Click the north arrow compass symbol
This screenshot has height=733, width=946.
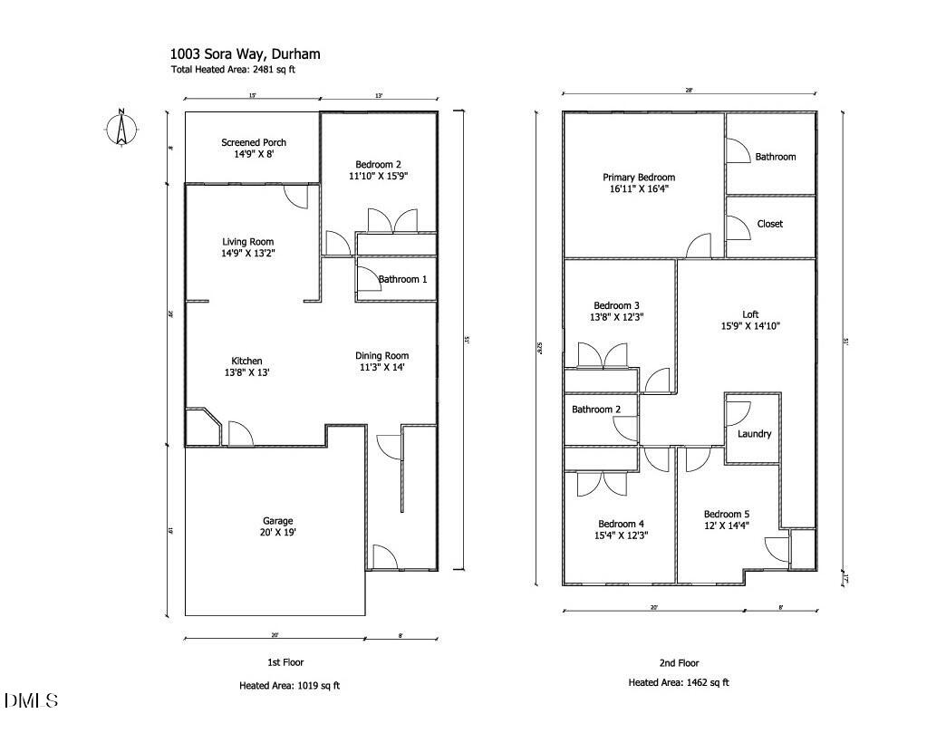[x=120, y=127]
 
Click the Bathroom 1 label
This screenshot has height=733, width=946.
[x=402, y=279]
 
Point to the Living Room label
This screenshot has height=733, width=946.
[x=248, y=242]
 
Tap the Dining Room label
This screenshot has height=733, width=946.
[x=381, y=355]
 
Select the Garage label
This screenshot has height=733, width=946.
[x=277, y=521]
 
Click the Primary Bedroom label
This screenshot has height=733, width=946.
[x=639, y=178]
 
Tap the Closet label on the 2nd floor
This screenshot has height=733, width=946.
[x=769, y=224]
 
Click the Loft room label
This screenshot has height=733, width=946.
[x=750, y=314]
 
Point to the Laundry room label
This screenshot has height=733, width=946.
[x=754, y=434]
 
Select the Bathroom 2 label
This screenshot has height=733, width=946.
[x=596, y=410]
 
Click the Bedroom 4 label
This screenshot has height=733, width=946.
[x=621, y=524]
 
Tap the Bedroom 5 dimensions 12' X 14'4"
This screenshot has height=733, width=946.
[x=727, y=526]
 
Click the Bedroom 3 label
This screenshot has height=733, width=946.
[x=616, y=305]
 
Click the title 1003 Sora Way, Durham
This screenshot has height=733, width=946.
[x=245, y=54]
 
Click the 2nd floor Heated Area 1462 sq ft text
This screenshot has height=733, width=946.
[x=679, y=683]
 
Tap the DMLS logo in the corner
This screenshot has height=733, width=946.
[x=32, y=700]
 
